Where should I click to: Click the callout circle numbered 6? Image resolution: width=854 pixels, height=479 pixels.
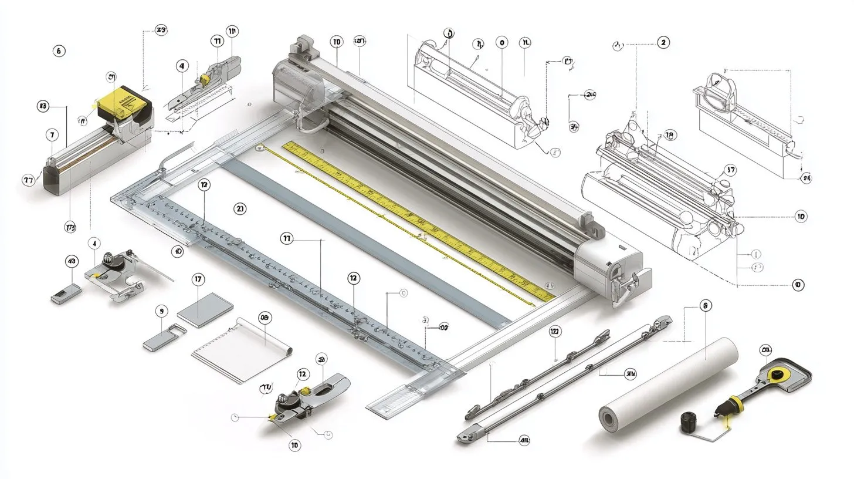click(59, 50)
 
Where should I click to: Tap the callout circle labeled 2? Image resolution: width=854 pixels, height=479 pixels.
click(663, 42)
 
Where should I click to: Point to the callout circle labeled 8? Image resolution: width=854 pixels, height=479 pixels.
click(706, 305)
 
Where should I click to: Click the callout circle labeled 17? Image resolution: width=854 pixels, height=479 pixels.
click(198, 280)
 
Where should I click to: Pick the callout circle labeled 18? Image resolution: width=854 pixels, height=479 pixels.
click(670, 135)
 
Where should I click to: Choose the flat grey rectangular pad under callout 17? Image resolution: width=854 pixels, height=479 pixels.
click(205, 310)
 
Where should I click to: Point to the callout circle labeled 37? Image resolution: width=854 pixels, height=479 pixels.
click(730, 170)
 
